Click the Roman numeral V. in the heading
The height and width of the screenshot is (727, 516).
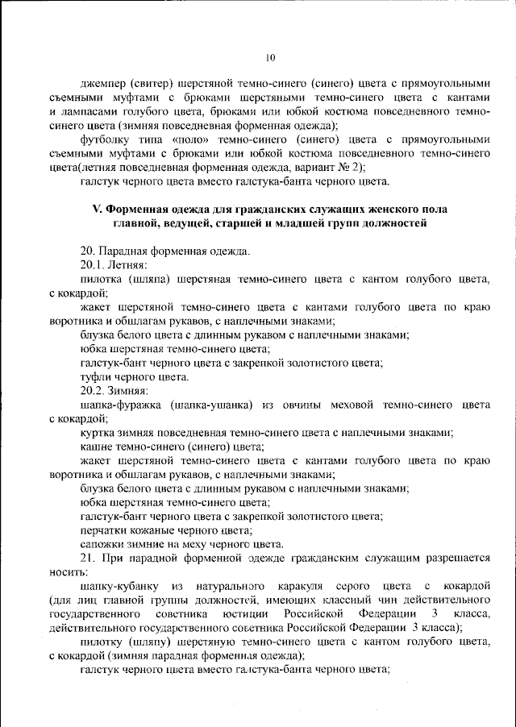97,209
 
